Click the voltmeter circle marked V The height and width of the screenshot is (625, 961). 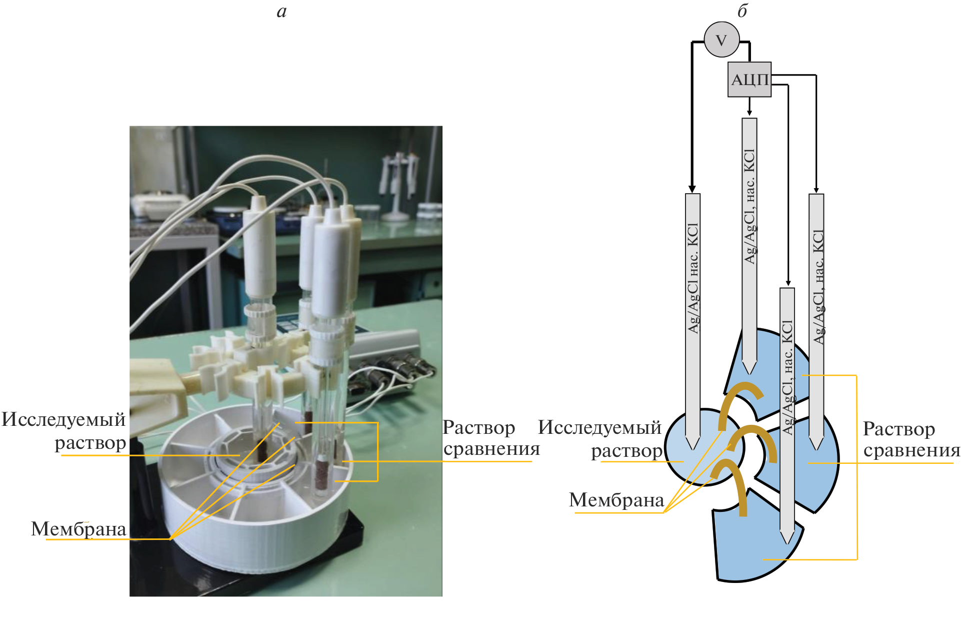click(x=721, y=40)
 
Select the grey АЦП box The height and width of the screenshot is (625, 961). click(x=749, y=80)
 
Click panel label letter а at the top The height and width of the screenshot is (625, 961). click(x=281, y=11)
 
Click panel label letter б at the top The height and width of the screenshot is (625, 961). click(x=742, y=11)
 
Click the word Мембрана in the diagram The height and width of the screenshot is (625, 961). click(x=616, y=500)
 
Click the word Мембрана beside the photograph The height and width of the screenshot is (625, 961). click(x=78, y=529)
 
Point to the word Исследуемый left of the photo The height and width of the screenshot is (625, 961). click(x=63, y=419)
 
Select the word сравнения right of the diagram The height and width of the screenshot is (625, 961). click(x=911, y=450)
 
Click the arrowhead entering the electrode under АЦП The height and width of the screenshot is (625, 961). click(x=749, y=113)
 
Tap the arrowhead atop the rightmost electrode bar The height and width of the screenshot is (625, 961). click(x=816, y=190)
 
